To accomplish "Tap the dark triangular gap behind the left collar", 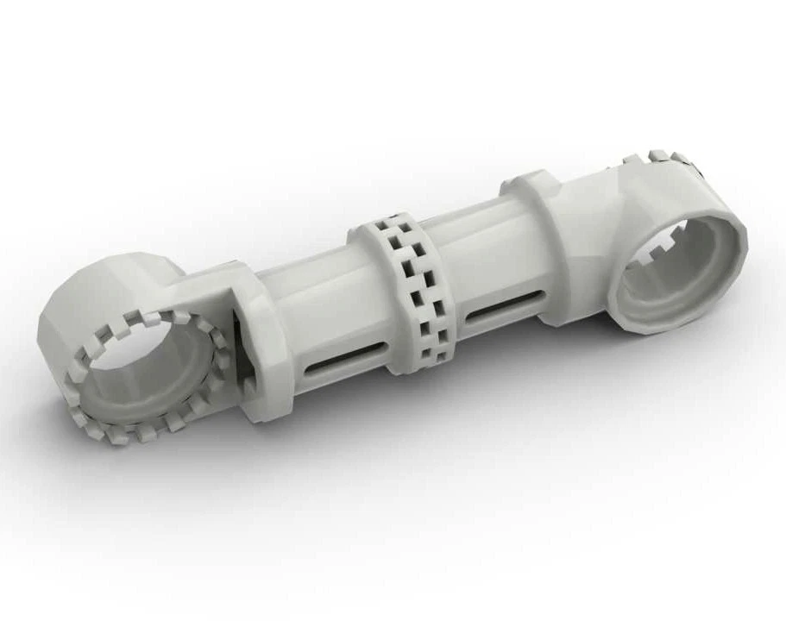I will [x=242, y=362].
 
